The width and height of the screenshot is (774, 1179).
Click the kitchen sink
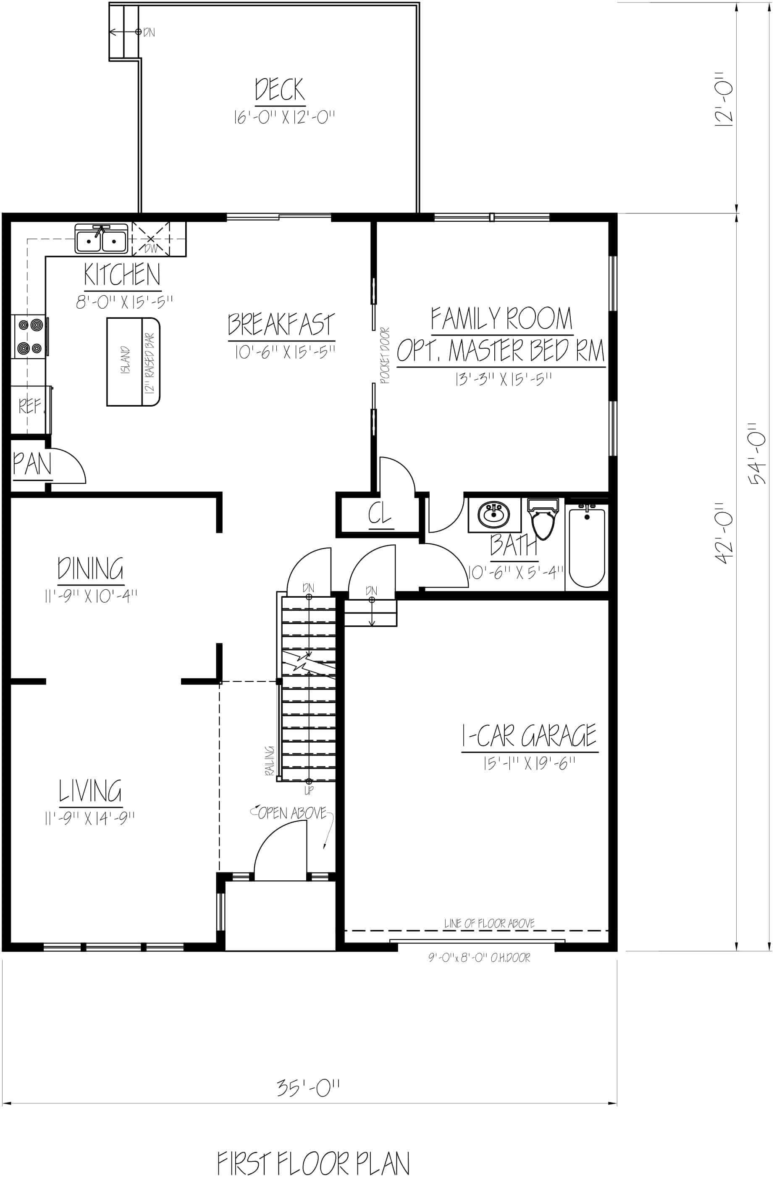pyautogui.click(x=102, y=239)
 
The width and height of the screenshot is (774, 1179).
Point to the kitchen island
pyautogui.click(x=133, y=362)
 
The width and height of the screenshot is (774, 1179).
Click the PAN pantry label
pyautogui.click(x=32, y=465)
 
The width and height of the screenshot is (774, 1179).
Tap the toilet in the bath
pyautogui.click(x=543, y=517)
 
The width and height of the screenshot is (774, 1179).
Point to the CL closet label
pyautogui.click(x=380, y=514)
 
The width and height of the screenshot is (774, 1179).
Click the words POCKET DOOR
pyautogui.click(x=385, y=355)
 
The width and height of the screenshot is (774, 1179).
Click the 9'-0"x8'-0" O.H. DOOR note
pyautogui.click(x=479, y=958)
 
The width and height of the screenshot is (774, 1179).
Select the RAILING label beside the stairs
pyautogui.click(x=270, y=760)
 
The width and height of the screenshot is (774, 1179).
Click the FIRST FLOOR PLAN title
pyautogui.click(x=313, y=1163)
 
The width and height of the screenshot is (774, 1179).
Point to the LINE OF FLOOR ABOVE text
pyautogui.click(x=489, y=923)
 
